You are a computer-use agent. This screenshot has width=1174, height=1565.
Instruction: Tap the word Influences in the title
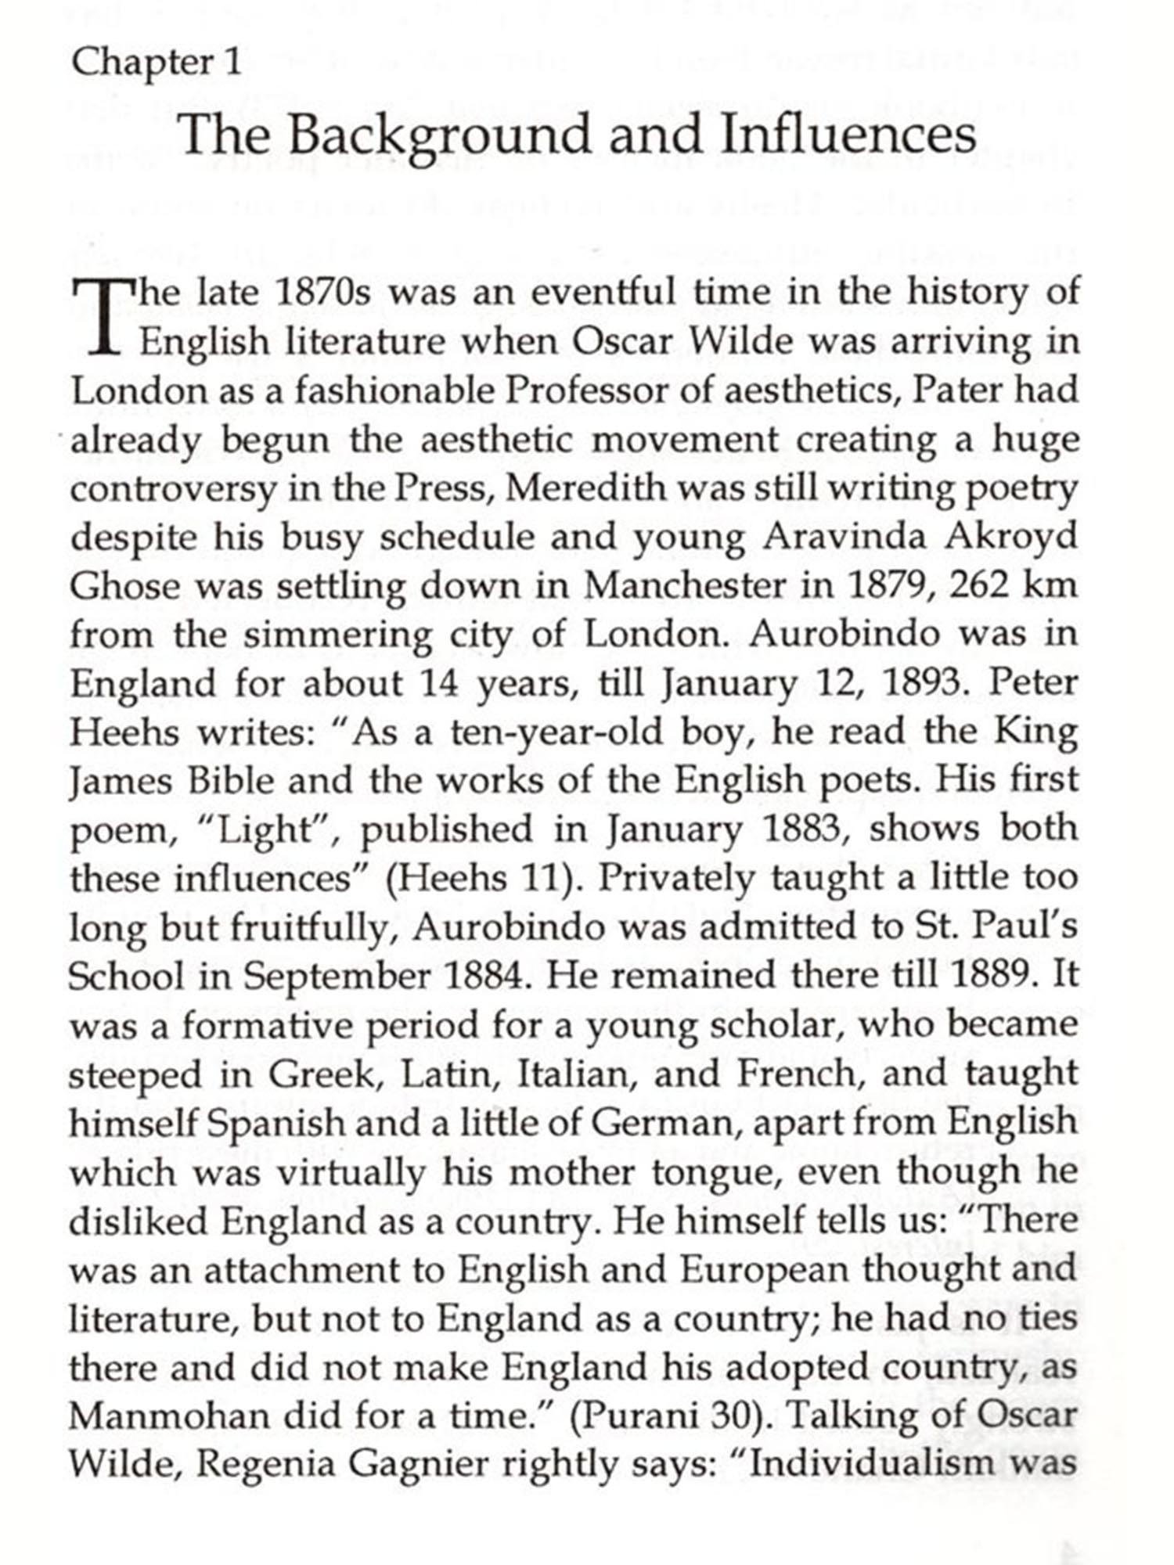pos(847,134)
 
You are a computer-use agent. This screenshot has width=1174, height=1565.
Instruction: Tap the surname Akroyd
pos(1010,537)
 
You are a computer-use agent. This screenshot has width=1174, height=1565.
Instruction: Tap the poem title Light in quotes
pos(261,829)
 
